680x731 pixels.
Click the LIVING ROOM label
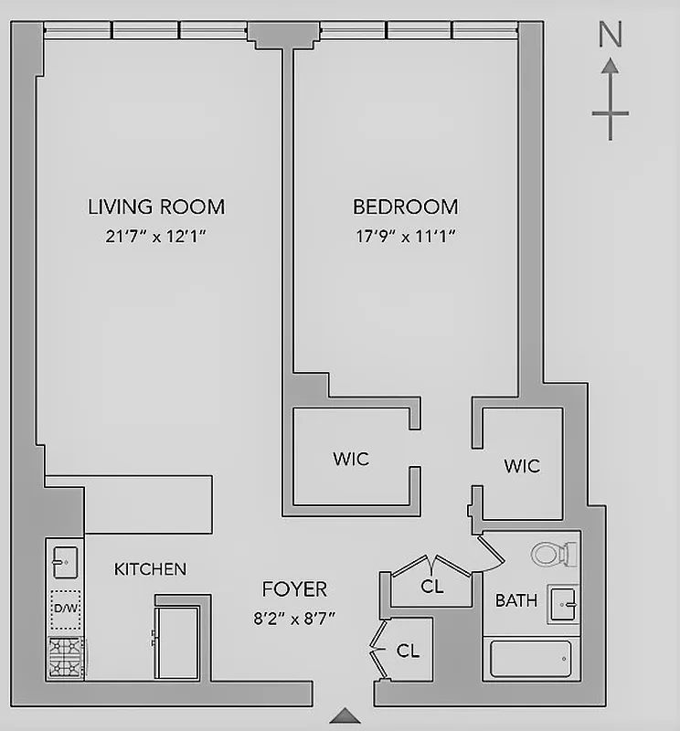coord(156,207)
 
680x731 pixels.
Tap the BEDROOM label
coord(405,207)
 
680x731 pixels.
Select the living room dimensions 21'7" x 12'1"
coord(156,237)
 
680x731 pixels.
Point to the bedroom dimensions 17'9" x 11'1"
coord(405,237)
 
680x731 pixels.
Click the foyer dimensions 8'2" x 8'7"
coord(294,618)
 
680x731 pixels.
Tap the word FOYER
coord(294,589)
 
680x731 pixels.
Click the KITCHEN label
coord(150,569)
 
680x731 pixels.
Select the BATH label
coord(516,601)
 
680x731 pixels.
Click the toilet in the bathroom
coord(555,553)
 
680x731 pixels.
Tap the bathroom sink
coord(562,604)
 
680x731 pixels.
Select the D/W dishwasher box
coord(66,609)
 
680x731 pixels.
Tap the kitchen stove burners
coord(66,657)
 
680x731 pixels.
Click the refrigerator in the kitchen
coord(178,641)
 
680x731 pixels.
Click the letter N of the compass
coord(610,35)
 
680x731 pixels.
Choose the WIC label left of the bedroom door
coord(351,458)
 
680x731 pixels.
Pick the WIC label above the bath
coord(522,466)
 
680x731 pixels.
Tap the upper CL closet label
coord(432,587)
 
